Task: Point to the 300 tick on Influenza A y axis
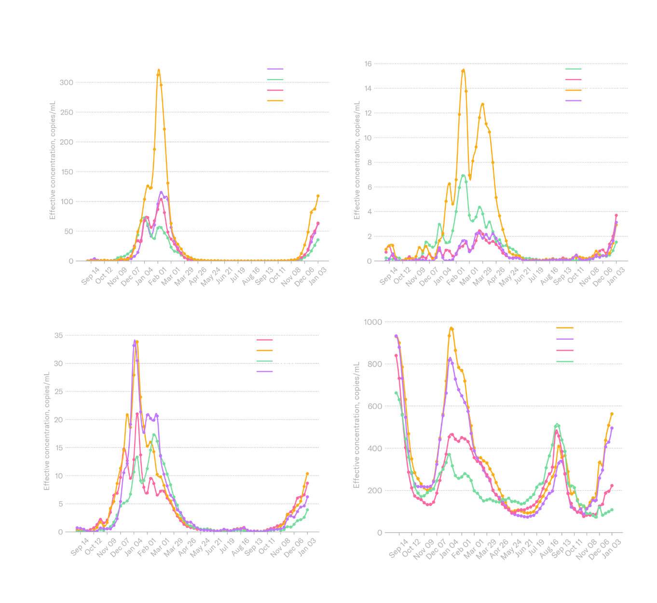click(x=66, y=82)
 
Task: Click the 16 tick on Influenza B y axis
click(x=368, y=64)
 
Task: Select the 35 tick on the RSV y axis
click(x=58, y=335)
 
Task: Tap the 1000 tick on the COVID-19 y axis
click(x=373, y=322)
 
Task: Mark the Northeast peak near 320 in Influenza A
click(x=159, y=70)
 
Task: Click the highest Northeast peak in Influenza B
click(x=463, y=70)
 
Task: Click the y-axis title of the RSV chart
click(x=47, y=431)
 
